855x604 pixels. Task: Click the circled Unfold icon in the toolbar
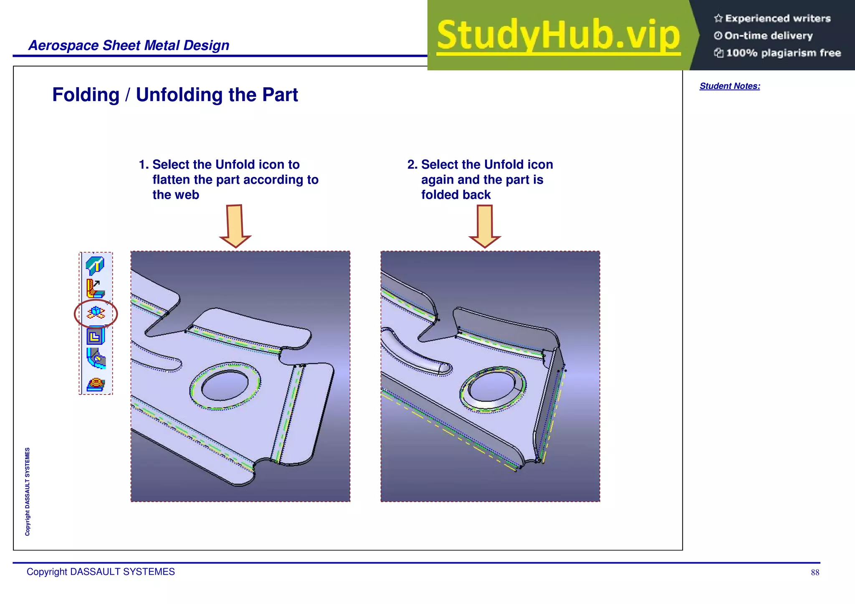(96, 313)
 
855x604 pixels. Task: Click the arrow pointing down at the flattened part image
(235, 226)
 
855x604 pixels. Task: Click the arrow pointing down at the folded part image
(485, 226)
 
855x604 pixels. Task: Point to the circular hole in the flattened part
(225, 385)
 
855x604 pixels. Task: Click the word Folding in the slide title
(86, 95)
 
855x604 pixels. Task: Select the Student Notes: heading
(729, 86)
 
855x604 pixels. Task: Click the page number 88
(815, 573)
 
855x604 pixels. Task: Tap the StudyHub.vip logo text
(558, 35)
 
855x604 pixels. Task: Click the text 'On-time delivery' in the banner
(768, 36)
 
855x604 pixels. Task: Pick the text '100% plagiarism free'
(783, 53)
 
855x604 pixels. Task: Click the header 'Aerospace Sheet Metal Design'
(129, 45)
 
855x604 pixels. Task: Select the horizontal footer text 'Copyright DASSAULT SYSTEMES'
(101, 572)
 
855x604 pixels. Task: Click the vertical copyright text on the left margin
(28, 491)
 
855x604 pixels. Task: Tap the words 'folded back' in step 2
(455, 195)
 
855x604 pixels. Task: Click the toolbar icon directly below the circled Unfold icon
(96, 336)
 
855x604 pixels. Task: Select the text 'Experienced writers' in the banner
(777, 18)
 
